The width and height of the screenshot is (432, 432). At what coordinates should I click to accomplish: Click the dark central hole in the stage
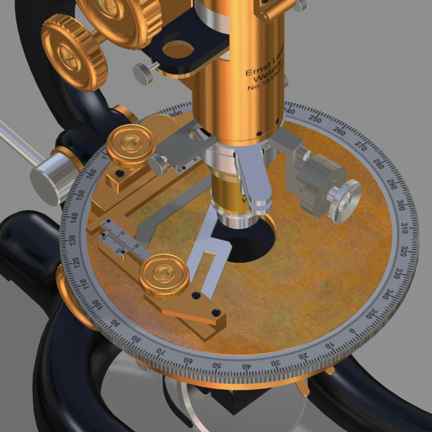pos(246,240)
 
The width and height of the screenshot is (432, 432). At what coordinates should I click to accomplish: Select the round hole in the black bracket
pos(178,49)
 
